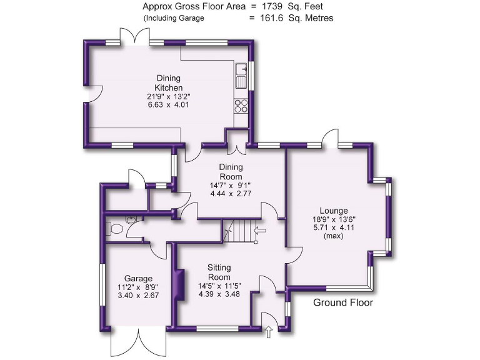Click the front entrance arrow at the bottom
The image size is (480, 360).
(x=269, y=332)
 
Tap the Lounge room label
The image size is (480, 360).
(x=333, y=211)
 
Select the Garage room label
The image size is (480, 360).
(x=138, y=278)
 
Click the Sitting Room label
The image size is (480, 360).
(x=219, y=272)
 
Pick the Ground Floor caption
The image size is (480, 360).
(x=342, y=303)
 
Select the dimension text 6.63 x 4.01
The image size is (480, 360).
(x=168, y=105)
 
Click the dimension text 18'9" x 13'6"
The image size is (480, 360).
(x=333, y=219)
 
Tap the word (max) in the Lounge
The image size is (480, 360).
(x=333, y=237)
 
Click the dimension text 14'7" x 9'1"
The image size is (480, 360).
(x=229, y=185)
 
